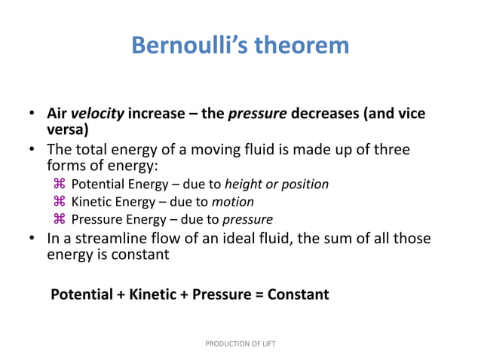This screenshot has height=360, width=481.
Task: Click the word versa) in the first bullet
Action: pyautogui.click(x=68, y=129)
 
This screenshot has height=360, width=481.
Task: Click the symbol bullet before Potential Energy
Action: pyautogui.click(x=60, y=184)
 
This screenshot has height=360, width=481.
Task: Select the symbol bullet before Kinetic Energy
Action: pyautogui.click(x=60, y=202)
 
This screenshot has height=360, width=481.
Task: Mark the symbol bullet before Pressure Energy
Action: pyautogui.click(x=60, y=220)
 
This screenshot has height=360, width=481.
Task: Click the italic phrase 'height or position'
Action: pyautogui.click(x=277, y=184)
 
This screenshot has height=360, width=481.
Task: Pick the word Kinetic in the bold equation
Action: pyautogui.click(x=153, y=294)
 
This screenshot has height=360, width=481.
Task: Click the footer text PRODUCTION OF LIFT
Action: pyautogui.click(x=240, y=343)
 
